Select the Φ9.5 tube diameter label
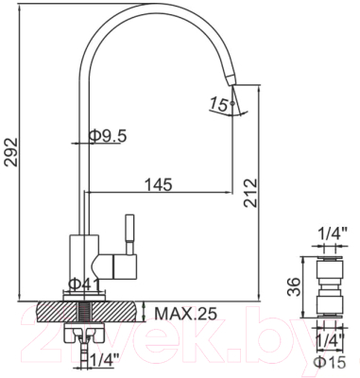pos(108,135)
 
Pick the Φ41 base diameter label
pos(86,283)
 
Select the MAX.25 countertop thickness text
pos(185,312)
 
